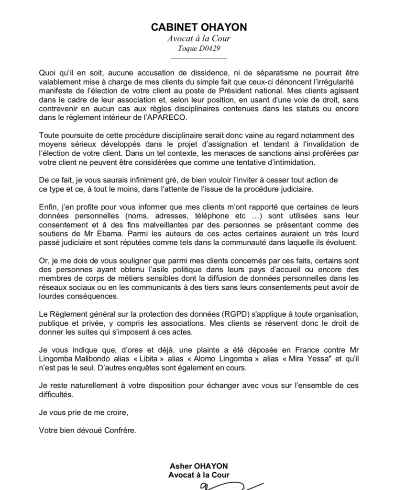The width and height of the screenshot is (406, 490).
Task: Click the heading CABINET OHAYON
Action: pos(199,27)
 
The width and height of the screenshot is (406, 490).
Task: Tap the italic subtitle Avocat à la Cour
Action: pos(199,39)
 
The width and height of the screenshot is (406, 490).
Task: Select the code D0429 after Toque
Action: pos(210,49)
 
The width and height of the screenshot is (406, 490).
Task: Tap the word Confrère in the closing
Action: pos(119,430)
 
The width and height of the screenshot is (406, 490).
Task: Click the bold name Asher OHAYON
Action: pos(199,466)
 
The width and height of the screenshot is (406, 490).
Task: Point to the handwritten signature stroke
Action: pos(230,485)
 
